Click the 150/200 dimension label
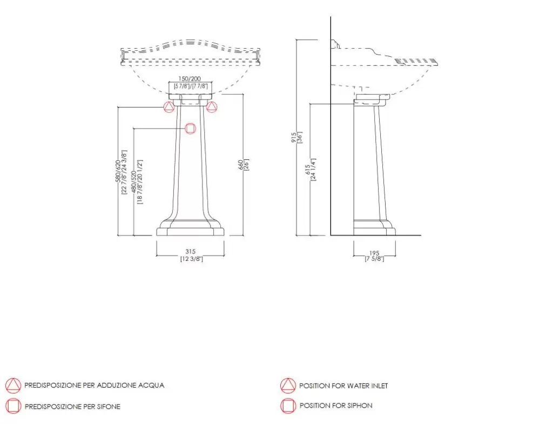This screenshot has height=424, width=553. (190, 79)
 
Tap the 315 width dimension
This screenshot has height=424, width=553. (191, 252)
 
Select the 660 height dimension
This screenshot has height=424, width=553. (241, 165)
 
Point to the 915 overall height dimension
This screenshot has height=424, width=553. (294, 138)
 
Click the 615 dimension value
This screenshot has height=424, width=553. (307, 170)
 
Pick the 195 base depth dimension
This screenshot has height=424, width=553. (374, 253)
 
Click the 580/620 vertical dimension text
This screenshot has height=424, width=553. (118, 171)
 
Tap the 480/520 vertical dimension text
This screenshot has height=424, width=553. (134, 182)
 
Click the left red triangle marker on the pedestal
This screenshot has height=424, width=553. (169, 107)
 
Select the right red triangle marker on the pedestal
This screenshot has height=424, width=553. (212, 107)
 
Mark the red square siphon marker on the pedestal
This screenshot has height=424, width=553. (191, 129)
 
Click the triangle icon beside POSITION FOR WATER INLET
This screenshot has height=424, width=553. (288, 386)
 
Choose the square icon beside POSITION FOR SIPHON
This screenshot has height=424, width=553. (288, 406)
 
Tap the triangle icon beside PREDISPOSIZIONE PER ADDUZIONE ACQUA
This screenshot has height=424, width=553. (14, 386)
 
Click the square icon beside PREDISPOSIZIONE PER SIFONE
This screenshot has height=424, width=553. (14, 406)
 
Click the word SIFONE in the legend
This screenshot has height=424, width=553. (109, 407)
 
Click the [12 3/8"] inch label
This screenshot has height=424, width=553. (192, 259)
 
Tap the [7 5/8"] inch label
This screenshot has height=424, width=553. (374, 259)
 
